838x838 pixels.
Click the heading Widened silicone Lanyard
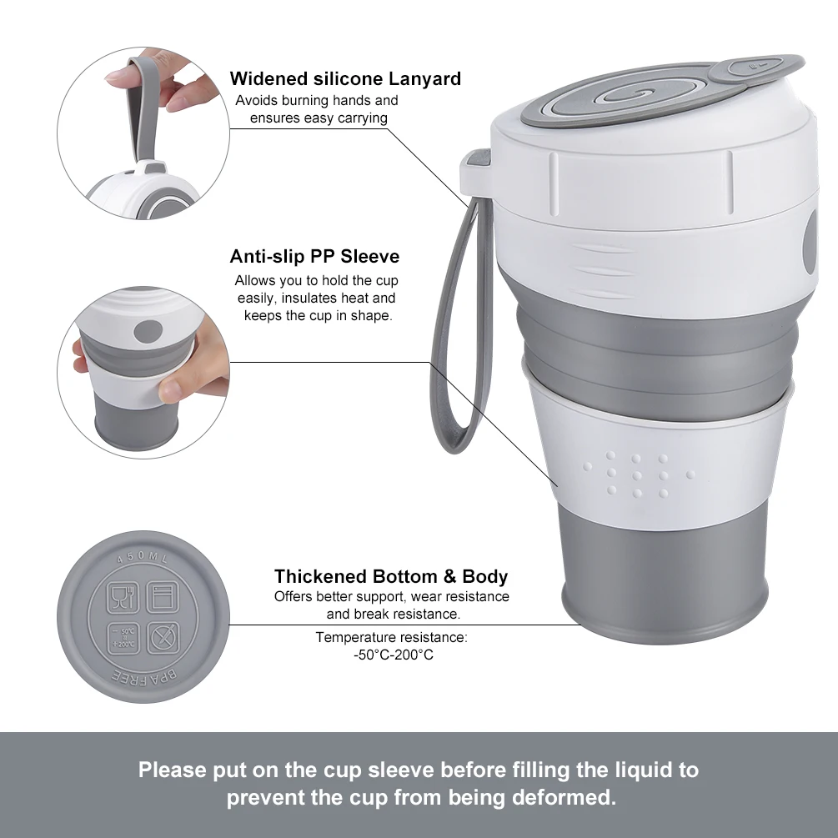(x=345, y=78)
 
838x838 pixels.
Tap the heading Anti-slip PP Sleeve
(x=314, y=257)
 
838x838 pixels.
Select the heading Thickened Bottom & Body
(x=391, y=576)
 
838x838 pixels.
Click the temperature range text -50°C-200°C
(x=394, y=655)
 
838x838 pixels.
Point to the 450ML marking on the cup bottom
(x=142, y=556)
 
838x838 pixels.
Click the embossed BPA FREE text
(x=144, y=677)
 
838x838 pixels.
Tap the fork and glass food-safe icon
(x=123, y=596)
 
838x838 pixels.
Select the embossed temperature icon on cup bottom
(x=123, y=638)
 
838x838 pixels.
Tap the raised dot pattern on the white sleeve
(x=637, y=475)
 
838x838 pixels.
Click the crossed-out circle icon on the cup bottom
(x=163, y=638)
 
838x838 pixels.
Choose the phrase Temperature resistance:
(x=391, y=637)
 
